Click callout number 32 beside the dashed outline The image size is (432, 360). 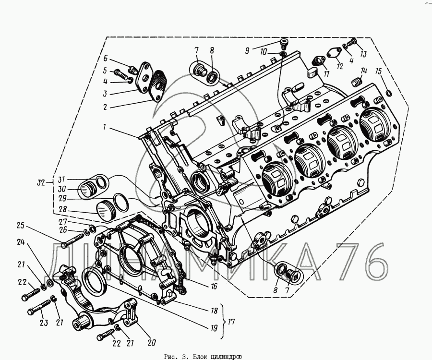coord(41,182)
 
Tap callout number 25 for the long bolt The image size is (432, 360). coord(21,226)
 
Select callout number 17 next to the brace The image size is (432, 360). coord(231,322)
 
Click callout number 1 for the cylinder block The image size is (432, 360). coord(105,127)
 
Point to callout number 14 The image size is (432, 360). coord(363,71)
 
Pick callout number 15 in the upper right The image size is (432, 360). coord(379,72)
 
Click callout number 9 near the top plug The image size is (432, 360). coord(247,51)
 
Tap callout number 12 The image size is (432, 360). coord(340,66)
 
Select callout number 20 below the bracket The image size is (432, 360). coord(152,342)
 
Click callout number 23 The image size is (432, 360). coord(44,323)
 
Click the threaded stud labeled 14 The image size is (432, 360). coord(357,82)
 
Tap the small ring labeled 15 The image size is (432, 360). coord(388,94)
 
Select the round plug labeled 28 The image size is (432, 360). coord(106,211)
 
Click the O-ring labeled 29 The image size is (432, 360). coord(121,203)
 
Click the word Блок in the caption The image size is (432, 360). coord(198,357)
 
